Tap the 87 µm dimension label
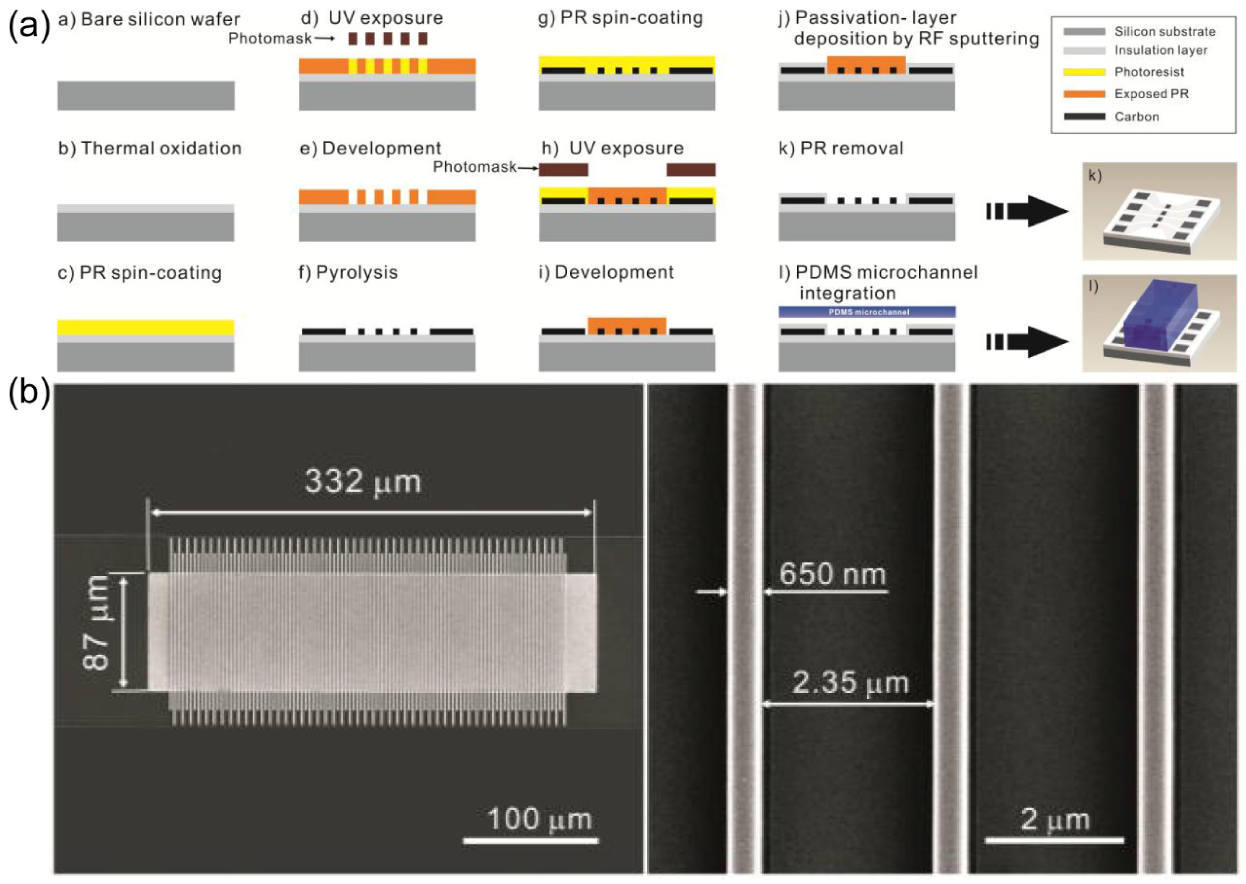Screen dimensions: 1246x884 point(97,622)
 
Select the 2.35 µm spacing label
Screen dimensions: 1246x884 point(850,683)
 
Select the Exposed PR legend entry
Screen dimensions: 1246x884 point(1151,94)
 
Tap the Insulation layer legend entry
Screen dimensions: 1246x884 point(1161,51)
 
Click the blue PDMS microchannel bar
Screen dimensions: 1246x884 point(867,312)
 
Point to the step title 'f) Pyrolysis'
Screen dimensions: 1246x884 point(349,272)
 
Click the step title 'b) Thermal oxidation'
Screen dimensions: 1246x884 point(150,148)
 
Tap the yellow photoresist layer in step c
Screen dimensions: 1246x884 point(146,327)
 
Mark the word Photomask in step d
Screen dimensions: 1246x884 point(270,38)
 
